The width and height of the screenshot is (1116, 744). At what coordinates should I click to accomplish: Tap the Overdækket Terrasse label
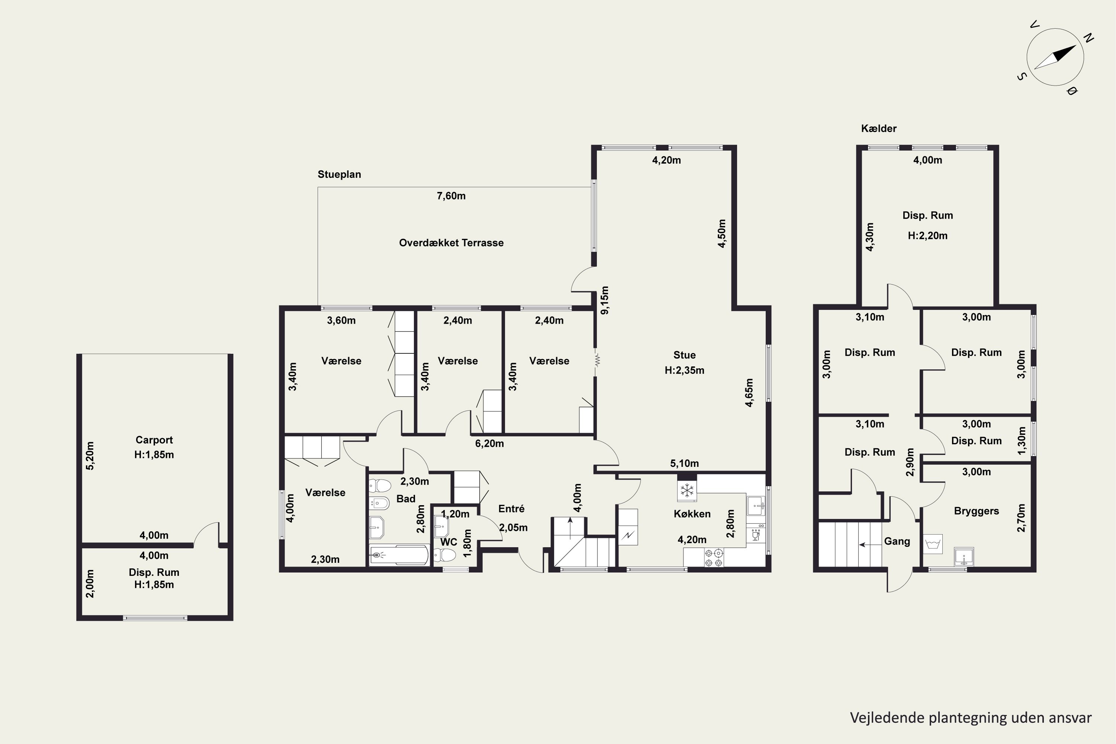pos(451,243)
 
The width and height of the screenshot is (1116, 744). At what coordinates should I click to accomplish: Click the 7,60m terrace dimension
pos(451,196)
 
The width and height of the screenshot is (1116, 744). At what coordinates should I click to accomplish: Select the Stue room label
pos(684,355)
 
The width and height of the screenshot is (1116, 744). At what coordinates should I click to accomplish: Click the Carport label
pos(154,440)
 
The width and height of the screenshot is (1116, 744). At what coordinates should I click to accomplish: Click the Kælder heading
pos(879,129)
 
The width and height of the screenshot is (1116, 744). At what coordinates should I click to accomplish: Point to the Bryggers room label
pos(976,511)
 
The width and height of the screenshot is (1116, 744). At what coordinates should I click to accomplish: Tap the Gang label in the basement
pos(897,541)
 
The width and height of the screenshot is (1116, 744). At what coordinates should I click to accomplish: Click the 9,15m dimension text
pos(604,300)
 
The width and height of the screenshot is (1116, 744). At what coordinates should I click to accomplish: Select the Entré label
pos(511,509)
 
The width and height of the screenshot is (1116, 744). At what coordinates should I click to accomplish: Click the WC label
pos(448,542)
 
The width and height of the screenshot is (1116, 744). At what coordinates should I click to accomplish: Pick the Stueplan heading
pos(339,174)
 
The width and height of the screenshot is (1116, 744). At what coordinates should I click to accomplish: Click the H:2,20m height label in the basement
pos(928,236)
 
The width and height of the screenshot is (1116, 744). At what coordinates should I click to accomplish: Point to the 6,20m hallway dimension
pos(490,444)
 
